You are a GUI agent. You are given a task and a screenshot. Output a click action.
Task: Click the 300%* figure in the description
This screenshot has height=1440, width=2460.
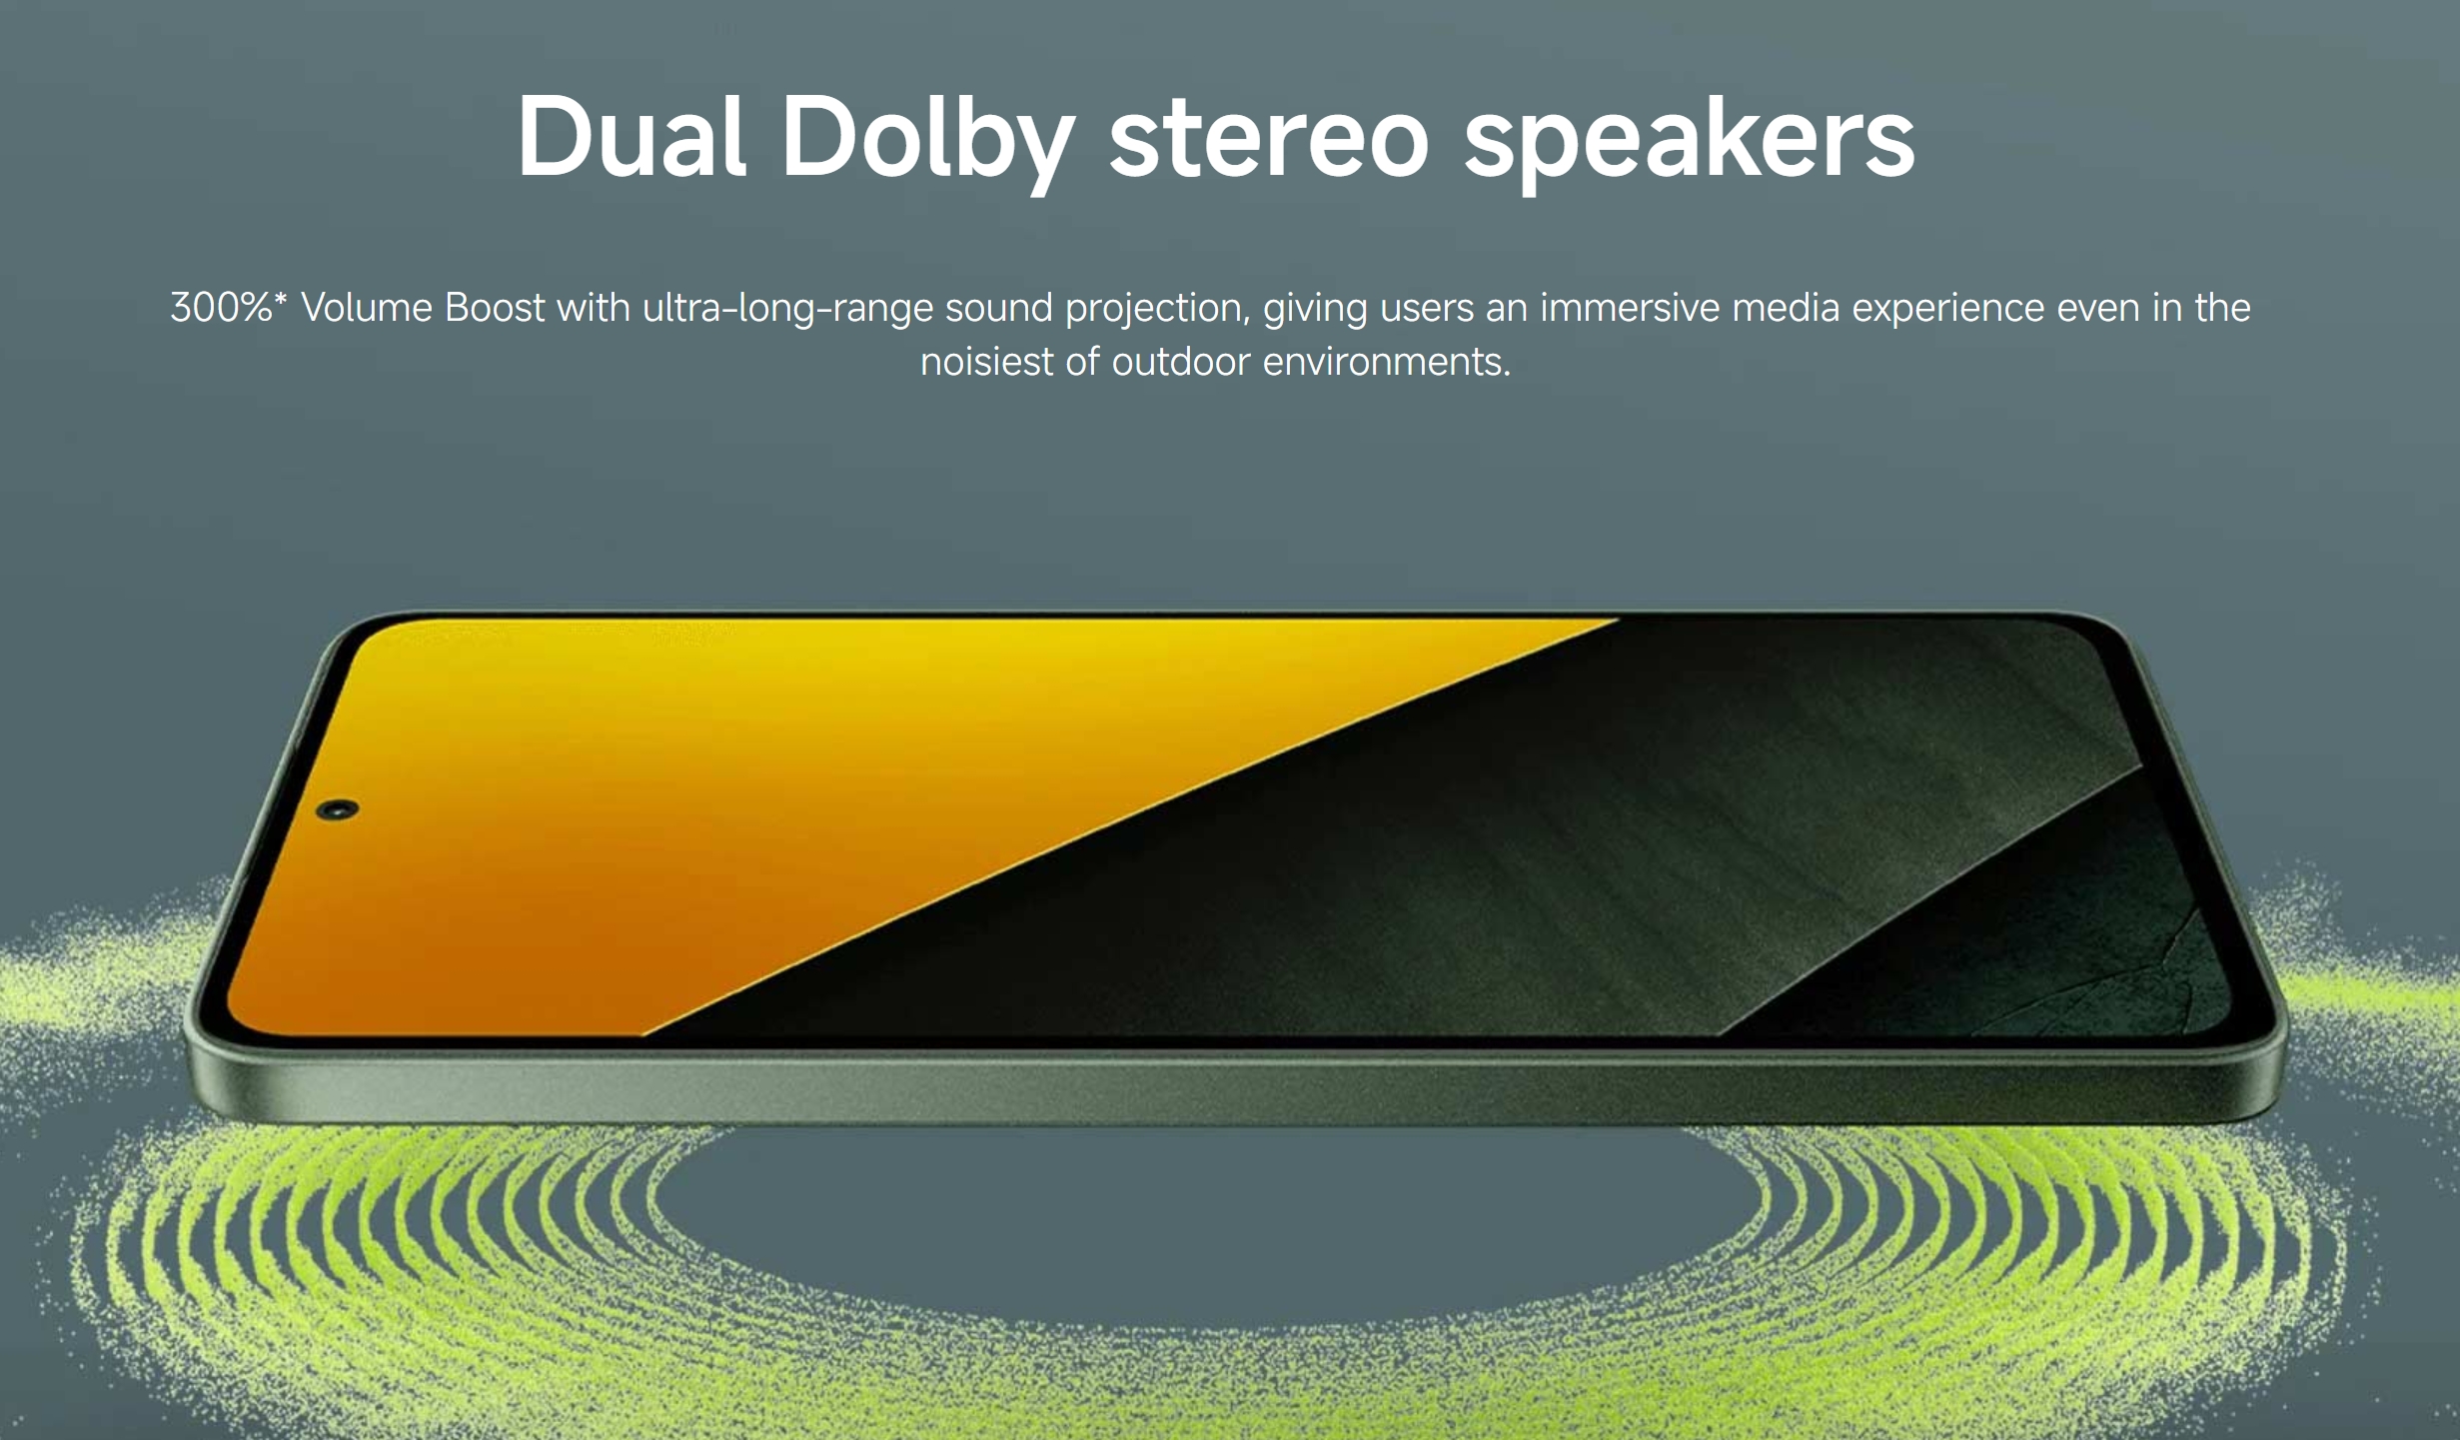(x=229, y=307)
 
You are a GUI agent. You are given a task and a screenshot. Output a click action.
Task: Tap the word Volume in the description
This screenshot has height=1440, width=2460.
(x=367, y=307)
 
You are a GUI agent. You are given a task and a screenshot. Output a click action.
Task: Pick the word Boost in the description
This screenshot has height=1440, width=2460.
(x=496, y=307)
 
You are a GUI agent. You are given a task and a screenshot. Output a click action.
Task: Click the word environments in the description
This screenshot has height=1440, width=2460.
(x=1387, y=361)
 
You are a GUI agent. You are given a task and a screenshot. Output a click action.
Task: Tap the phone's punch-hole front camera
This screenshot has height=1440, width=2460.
(x=338, y=809)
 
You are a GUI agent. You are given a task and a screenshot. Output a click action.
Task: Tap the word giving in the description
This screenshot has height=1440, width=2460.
(x=1315, y=309)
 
